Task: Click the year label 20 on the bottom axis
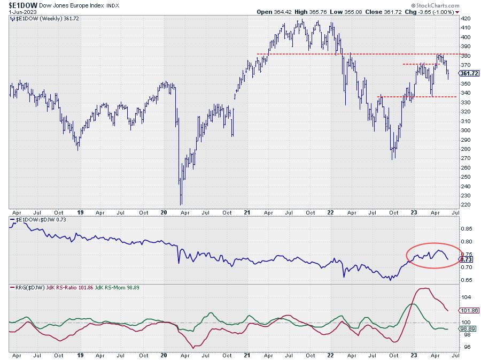(x=164, y=354)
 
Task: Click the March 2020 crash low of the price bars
(x=181, y=204)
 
